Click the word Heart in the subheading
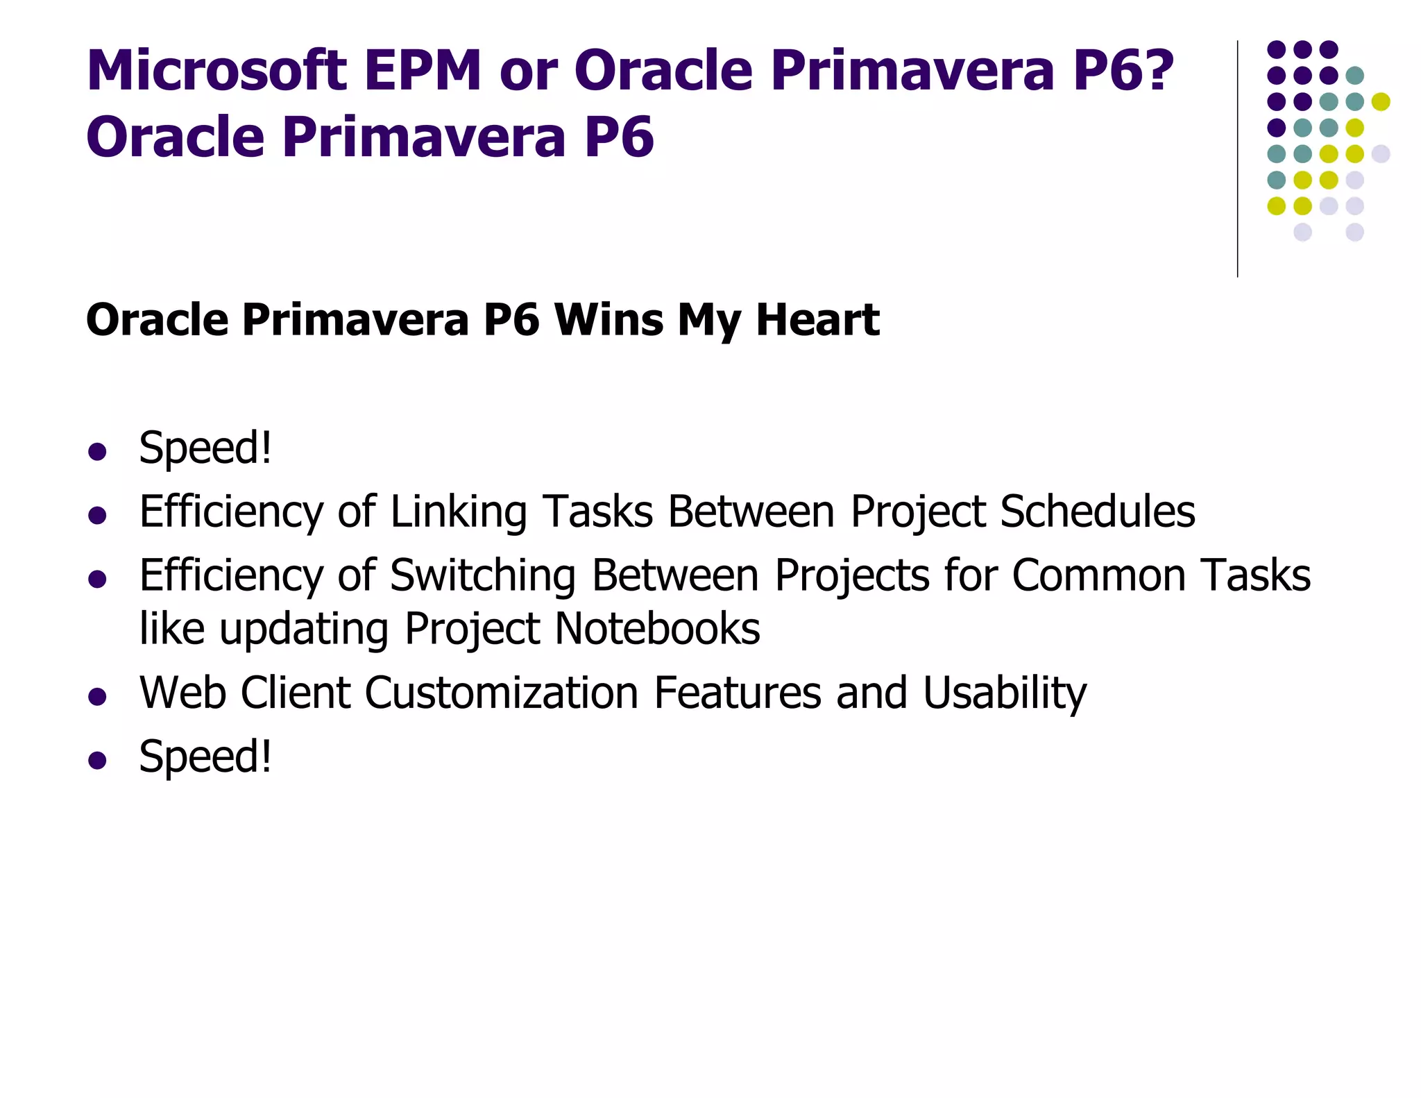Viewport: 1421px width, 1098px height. click(x=817, y=320)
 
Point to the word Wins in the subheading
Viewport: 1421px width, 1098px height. click(x=609, y=320)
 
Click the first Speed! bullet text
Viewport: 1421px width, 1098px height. click(x=205, y=448)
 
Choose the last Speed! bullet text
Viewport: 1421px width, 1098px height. click(x=205, y=756)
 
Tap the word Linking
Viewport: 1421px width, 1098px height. click(x=458, y=512)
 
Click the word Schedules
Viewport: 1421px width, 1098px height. click(x=1098, y=512)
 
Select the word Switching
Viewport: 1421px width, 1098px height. click(x=483, y=576)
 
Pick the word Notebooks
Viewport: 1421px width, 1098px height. click(x=657, y=629)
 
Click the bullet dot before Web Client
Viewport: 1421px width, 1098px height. click(x=97, y=697)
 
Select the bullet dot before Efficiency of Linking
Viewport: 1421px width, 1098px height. click(x=97, y=516)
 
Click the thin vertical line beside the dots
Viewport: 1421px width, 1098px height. click(x=1237, y=160)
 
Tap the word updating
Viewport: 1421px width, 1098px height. click(x=304, y=629)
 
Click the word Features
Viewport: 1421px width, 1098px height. click(x=737, y=693)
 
